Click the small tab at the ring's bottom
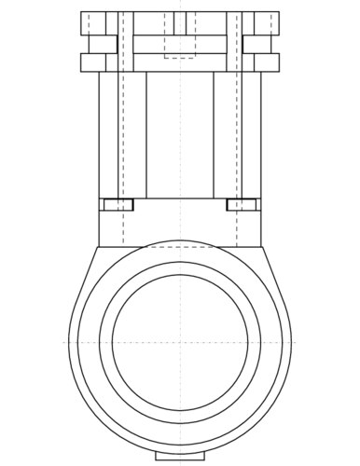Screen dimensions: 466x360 point(180,457)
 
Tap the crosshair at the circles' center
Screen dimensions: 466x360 point(180,342)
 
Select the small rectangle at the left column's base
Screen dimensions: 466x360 point(118,204)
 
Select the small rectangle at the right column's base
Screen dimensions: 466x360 point(242,204)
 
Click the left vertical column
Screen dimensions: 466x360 point(122,135)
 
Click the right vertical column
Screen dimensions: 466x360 point(237,135)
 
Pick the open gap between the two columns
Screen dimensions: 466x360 point(180,135)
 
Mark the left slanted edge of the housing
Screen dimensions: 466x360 point(83,280)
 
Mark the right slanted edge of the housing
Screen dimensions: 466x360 point(277,280)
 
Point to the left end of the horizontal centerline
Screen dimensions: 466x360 point(64,342)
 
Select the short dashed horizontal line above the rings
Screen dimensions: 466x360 point(180,247)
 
